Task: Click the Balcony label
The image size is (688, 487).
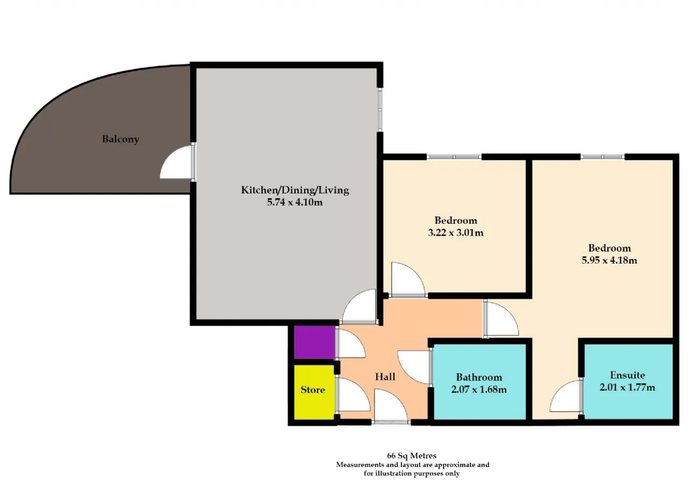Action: [121, 139]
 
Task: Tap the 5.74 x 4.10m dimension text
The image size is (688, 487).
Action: [295, 203]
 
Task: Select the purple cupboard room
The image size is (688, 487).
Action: [314, 342]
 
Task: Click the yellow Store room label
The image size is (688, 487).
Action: [313, 390]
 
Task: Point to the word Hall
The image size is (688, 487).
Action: [385, 377]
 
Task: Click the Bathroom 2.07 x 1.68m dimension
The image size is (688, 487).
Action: [479, 390]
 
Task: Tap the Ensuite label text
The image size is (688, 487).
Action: [627, 375]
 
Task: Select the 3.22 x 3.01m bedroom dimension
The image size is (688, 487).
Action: [456, 233]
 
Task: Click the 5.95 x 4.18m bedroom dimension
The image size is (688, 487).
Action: [610, 260]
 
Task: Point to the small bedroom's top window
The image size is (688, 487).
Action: [454, 157]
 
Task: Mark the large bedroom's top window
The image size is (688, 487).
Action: [603, 157]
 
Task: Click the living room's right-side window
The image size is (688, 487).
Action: [380, 109]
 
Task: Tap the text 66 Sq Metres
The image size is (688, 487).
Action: [412, 456]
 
